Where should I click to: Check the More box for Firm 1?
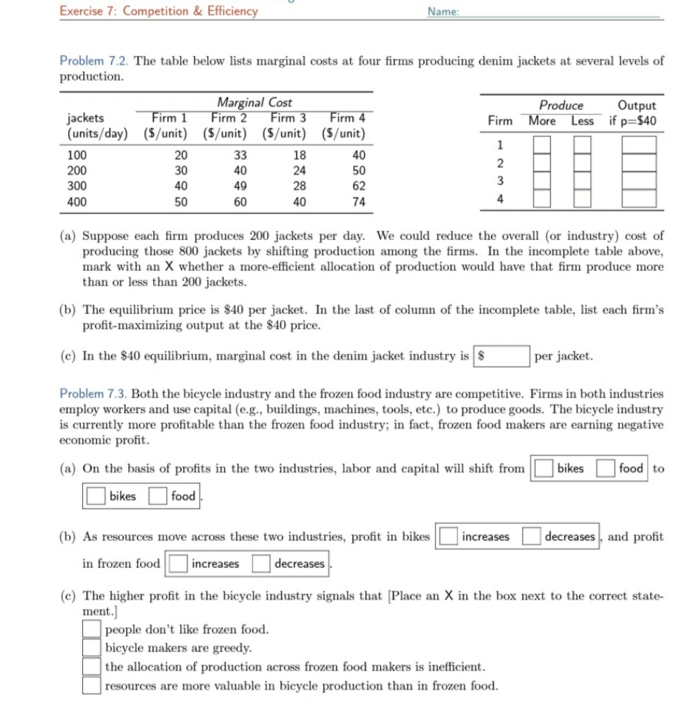tap(543, 145)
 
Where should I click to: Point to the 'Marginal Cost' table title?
tap(254, 103)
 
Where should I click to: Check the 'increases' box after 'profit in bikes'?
tap(447, 537)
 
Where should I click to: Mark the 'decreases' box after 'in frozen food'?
tap(261, 564)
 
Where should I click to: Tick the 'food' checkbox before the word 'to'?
tap(605, 468)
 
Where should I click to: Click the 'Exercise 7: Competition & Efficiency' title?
tap(158, 10)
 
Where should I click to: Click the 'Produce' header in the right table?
tap(561, 105)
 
